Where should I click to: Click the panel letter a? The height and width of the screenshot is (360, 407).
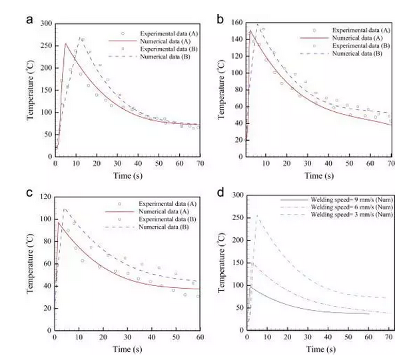pyautogui.click(x=30, y=19)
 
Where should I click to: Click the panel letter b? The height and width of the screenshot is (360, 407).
pyautogui.click(x=220, y=20)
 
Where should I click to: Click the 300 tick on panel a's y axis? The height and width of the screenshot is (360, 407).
pyautogui.click(x=45, y=23)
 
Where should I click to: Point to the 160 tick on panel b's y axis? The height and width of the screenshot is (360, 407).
pyautogui.click(x=236, y=23)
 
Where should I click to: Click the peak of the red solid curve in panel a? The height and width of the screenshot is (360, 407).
pyautogui.click(x=65, y=44)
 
